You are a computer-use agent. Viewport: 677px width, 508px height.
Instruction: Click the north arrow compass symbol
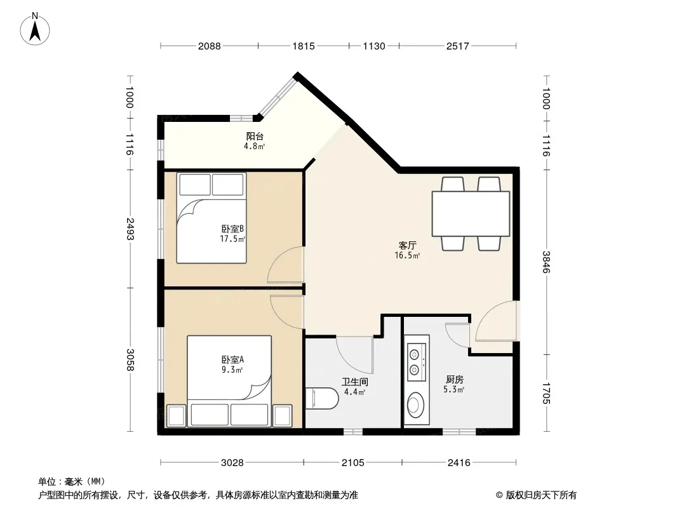click(34, 29)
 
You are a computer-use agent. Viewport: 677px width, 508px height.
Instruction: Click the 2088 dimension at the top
click(210, 46)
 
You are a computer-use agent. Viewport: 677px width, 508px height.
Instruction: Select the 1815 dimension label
click(304, 46)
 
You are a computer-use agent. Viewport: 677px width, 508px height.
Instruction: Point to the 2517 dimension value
click(458, 46)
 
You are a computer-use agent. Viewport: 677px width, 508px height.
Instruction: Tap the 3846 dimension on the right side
click(546, 262)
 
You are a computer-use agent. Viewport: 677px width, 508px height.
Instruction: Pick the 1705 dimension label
click(546, 393)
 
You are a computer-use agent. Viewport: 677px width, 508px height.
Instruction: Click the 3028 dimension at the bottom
click(232, 463)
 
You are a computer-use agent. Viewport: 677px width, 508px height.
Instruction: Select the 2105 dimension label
click(352, 463)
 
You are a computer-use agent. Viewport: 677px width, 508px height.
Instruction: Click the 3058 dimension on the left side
click(130, 359)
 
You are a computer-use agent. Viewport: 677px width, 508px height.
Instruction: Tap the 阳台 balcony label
click(255, 137)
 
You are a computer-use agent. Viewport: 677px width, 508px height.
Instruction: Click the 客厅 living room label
click(407, 246)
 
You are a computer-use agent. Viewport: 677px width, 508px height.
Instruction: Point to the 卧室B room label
click(232, 229)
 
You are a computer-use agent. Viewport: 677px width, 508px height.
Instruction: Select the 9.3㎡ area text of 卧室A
click(232, 370)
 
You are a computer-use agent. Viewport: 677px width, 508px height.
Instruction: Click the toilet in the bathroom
click(321, 398)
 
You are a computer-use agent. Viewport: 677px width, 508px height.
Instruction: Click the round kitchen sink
click(416, 405)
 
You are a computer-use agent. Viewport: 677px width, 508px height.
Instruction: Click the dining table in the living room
click(471, 213)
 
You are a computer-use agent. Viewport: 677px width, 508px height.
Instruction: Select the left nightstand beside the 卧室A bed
click(176, 416)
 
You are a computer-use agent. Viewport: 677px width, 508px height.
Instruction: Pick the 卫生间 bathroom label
click(355, 382)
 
